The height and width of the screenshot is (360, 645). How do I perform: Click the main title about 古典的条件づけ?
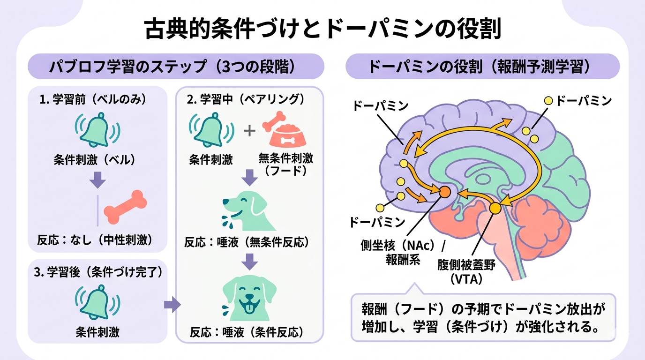pos(322,29)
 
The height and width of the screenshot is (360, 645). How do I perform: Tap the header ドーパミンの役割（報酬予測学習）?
pos(482,66)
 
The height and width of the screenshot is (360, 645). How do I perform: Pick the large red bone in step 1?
pos(126,206)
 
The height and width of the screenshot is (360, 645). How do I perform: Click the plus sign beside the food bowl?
pos(249,130)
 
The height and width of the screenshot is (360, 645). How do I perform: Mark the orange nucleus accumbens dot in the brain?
pos(444,191)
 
